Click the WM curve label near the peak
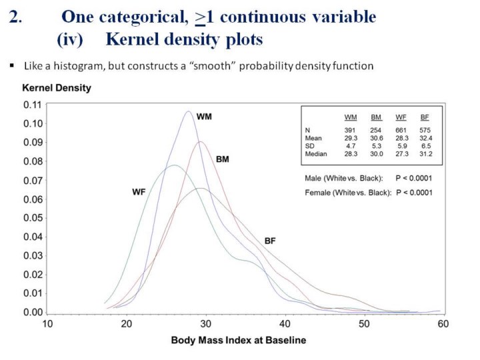point(204,116)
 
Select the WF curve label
point(138,192)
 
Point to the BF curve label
point(270,241)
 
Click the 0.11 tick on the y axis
point(33,105)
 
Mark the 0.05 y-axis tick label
point(33,218)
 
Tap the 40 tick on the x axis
point(285,324)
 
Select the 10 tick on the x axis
point(48,324)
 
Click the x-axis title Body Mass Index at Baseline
point(239,341)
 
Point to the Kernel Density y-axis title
point(57,88)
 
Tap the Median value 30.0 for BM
point(376,154)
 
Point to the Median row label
point(317,154)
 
